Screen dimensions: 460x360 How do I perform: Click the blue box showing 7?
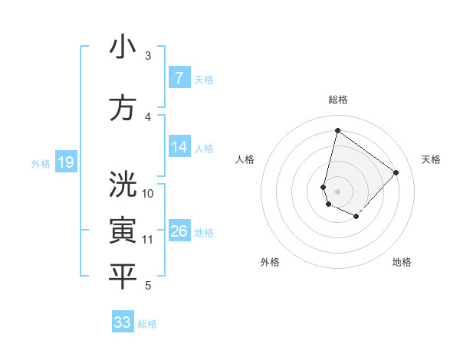coord(179,78)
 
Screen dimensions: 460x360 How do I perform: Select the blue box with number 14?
coord(179,147)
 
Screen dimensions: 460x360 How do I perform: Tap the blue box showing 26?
coord(179,231)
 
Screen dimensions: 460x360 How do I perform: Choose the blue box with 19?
coord(65,162)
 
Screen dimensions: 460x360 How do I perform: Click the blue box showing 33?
coord(123,322)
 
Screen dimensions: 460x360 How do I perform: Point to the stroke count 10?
coord(149,193)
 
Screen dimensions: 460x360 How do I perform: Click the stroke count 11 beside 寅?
coord(149,240)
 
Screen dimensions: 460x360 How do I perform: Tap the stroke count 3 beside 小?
coord(148,56)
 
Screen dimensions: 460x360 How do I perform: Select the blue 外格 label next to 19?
coord(41,163)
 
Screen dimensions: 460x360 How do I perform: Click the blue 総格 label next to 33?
coord(147,324)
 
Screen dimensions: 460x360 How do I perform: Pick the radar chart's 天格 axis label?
coord(431,159)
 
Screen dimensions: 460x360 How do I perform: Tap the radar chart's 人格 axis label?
coord(245,159)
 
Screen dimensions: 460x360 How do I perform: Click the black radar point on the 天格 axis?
coord(396,172)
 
